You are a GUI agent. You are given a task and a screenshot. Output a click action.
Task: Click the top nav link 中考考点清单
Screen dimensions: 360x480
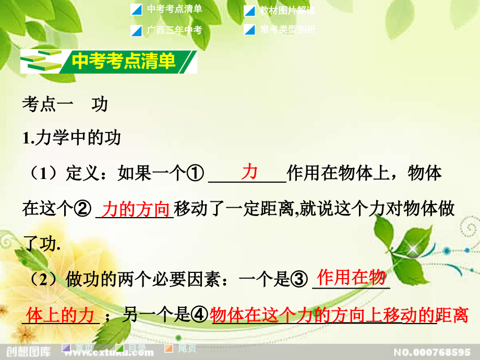174,9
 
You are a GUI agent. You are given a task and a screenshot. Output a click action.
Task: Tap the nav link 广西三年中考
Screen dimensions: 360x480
174,30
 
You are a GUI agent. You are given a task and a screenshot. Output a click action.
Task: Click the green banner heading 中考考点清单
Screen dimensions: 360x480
124,62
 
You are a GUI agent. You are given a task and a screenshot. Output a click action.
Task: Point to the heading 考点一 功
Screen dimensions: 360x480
65,104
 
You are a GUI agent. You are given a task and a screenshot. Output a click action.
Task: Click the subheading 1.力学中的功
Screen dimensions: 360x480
72,138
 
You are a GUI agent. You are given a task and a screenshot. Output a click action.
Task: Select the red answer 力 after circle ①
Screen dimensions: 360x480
249,172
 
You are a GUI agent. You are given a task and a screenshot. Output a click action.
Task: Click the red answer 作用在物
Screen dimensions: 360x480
351,277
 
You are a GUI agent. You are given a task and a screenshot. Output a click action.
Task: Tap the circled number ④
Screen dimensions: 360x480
199,315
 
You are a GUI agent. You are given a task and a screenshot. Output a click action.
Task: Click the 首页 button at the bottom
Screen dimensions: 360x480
84,348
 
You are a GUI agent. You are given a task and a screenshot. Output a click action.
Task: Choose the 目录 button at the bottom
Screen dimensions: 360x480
137,348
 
